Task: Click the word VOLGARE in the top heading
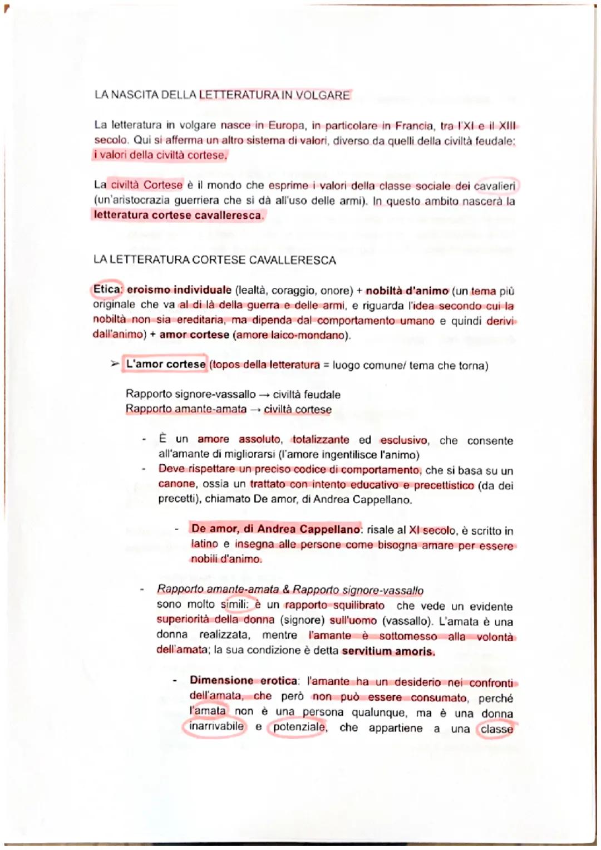[322, 95]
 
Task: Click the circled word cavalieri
[494, 186]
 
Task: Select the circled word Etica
[107, 289]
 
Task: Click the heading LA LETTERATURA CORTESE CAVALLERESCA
[215, 260]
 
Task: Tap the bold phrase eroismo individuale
[179, 290]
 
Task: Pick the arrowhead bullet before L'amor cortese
[115, 364]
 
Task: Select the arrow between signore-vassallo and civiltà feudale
[264, 395]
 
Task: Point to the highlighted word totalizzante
[321, 440]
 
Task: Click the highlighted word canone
[176, 484]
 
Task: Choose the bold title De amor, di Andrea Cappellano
[275, 529]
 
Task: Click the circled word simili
[234, 605]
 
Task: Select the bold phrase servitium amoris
[388, 651]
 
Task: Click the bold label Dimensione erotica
[243, 681]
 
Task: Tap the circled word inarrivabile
[216, 726]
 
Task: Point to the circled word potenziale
[299, 728]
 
